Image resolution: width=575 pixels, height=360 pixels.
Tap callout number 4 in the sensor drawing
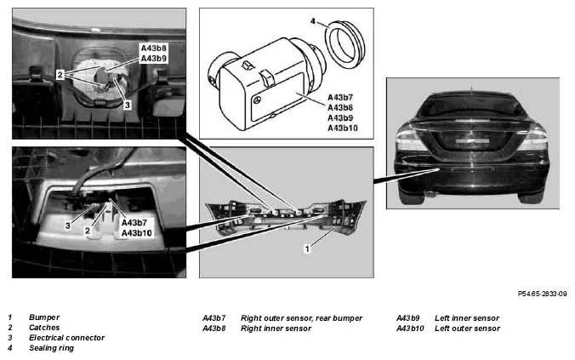point(313,21)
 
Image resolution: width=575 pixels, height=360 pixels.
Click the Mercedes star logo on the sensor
point(258,100)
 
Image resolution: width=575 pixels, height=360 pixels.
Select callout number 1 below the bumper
point(307,249)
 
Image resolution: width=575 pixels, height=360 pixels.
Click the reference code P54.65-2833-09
point(543,294)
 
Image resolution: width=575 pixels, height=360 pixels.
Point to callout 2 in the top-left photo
point(60,75)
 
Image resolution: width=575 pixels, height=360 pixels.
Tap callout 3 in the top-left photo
point(128,105)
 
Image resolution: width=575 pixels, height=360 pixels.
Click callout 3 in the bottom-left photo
point(68,226)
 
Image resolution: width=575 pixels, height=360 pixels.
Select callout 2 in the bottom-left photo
point(88,231)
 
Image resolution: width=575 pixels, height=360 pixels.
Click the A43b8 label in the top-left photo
point(154,48)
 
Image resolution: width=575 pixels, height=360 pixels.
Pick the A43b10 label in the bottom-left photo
point(136,233)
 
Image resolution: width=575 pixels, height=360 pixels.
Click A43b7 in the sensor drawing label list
point(340,98)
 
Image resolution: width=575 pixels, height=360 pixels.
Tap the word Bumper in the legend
point(44,317)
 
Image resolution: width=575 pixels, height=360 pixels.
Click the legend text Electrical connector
point(66,338)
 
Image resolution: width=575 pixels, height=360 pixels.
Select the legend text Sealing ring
point(51,348)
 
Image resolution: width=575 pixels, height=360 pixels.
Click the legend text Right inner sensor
point(276,329)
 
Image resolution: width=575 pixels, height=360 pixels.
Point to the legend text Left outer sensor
point(467,329)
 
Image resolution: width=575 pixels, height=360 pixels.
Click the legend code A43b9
point(407,318)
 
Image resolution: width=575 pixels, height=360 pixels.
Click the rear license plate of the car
point(473,141)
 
